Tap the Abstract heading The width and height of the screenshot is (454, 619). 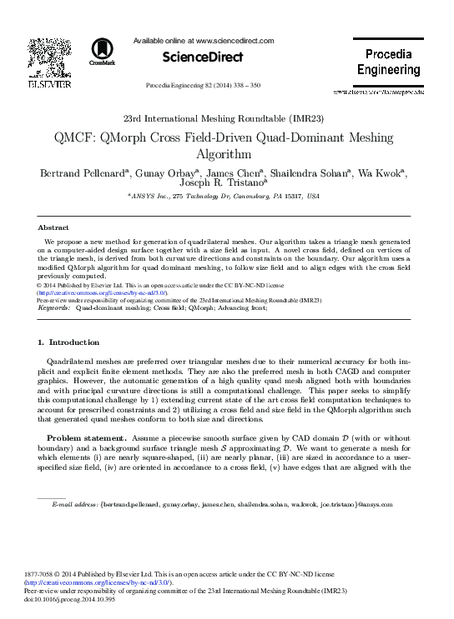(x=53, y=227)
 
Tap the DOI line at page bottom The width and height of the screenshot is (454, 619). (x=73, y=597)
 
